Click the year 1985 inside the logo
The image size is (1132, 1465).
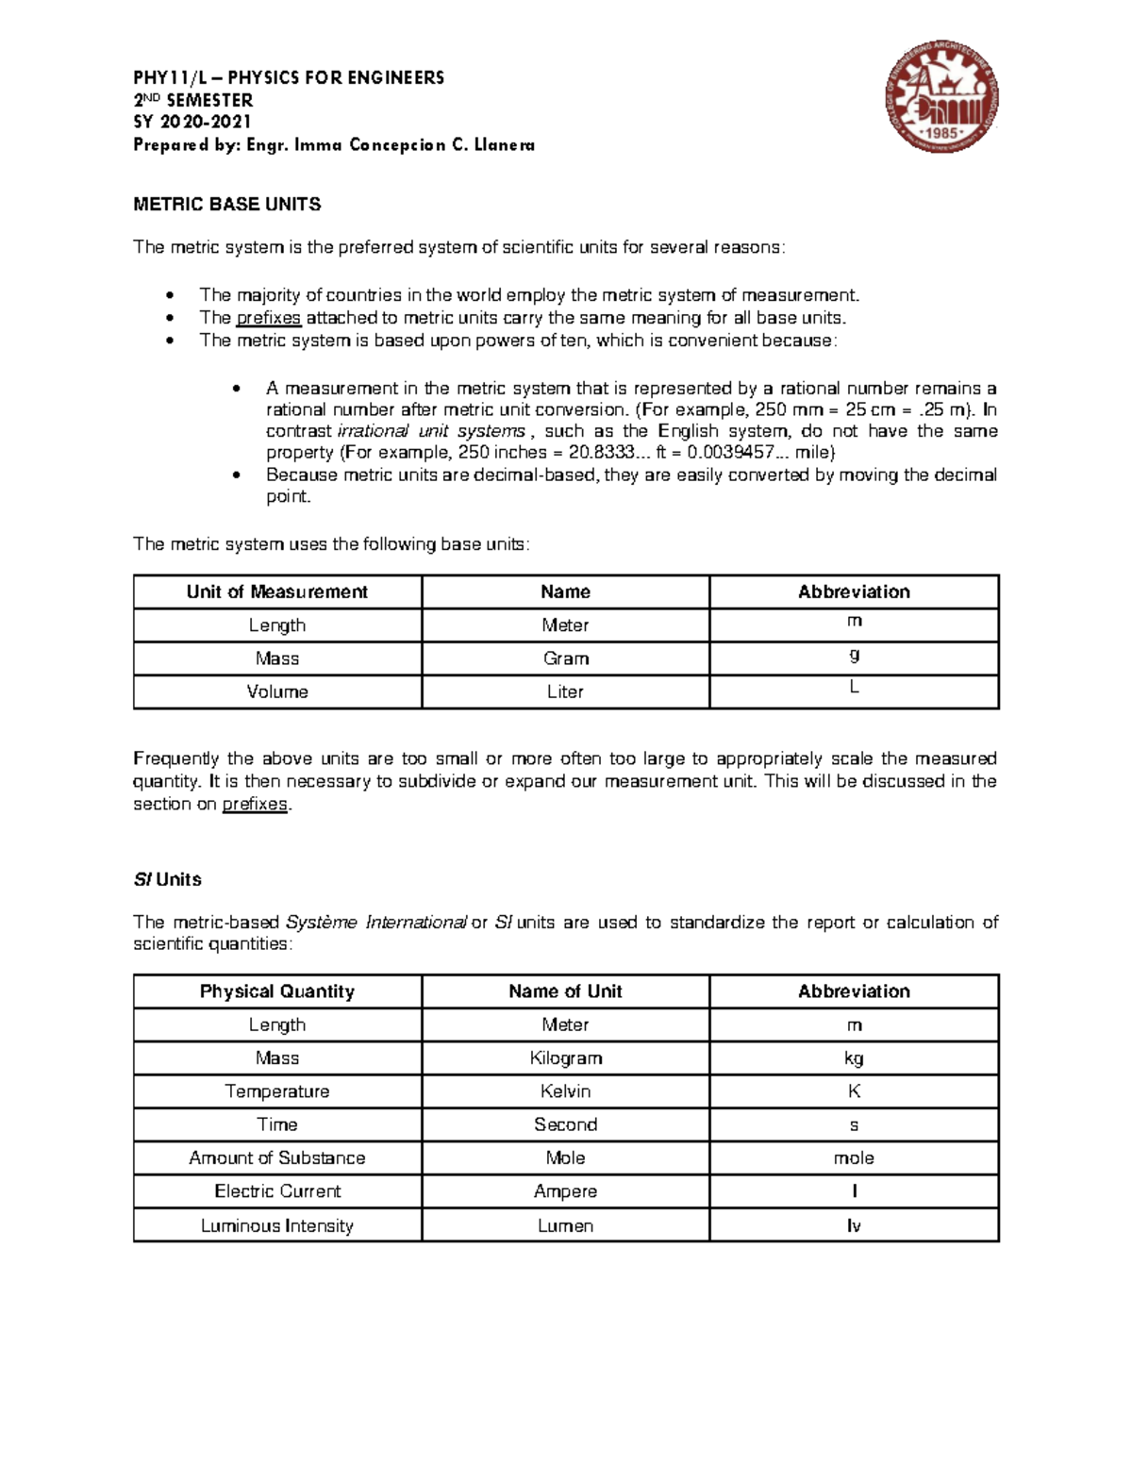click(942, 133)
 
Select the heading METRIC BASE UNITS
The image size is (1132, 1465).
click(227, 204)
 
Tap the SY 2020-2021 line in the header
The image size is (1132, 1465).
click(192, 122)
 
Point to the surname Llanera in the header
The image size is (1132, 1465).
click(506, 144)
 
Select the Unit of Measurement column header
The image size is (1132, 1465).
click(276, 591)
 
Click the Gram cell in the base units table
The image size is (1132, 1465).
click(565, 658)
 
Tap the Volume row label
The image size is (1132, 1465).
click(276, 691)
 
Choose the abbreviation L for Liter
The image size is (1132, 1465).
click(854, 688)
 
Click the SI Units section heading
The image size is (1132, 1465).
click(167, 879)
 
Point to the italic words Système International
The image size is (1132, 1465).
click(375, 922)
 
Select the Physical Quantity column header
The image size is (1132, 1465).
click(276, 991)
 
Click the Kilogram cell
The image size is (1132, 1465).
click(565, 1058)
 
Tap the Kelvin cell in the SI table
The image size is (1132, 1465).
click(565, 1091)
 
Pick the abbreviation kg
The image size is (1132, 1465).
click(854, 1058)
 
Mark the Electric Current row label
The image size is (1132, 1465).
click(276, 1191)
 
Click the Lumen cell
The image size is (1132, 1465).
click(565, 1225)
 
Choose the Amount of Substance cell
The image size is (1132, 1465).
click(276, 1157)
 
